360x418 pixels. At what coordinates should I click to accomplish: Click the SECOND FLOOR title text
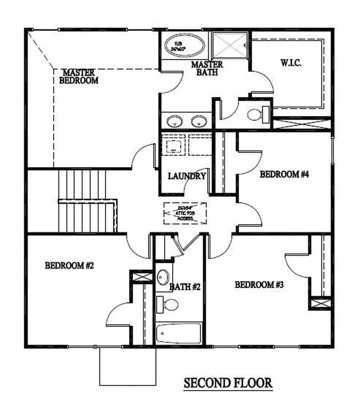pos(228,383)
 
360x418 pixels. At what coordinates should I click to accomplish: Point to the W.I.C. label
pos(291,63)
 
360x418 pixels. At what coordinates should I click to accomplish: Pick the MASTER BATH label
pos(207,68)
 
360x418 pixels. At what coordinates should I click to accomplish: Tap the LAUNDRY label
pos(187,176)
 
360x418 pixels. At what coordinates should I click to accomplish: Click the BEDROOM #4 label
pos(284,175)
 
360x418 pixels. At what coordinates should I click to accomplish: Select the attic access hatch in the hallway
pos(185,213)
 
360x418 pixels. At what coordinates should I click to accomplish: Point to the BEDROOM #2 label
pos(69,266)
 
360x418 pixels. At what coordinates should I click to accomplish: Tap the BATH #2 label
pos(185,287)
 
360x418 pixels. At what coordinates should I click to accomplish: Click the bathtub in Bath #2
pos(179,333)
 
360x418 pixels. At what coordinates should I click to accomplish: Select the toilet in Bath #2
pos(168,304)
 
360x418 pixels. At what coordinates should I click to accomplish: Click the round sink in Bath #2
pos(163,277)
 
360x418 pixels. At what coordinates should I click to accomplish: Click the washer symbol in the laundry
pos(174,145)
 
